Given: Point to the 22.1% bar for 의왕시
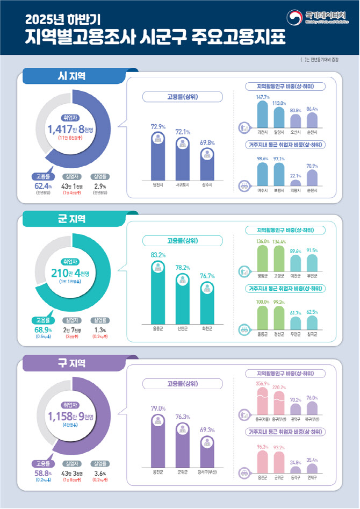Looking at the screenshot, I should pyautogui.click(x=295, y=183).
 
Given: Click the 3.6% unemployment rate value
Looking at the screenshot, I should pyautogui.click(x=100, y=473).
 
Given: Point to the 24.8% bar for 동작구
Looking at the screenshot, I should pyautogui.click(x=295, y=469).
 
